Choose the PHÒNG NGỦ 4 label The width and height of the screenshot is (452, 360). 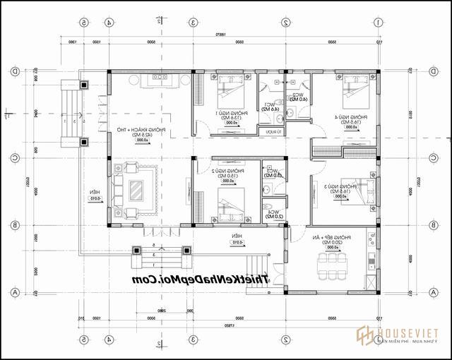(342, 116)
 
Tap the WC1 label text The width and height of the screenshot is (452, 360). (269, 106)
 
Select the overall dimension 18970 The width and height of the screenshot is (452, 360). (219, 35)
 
